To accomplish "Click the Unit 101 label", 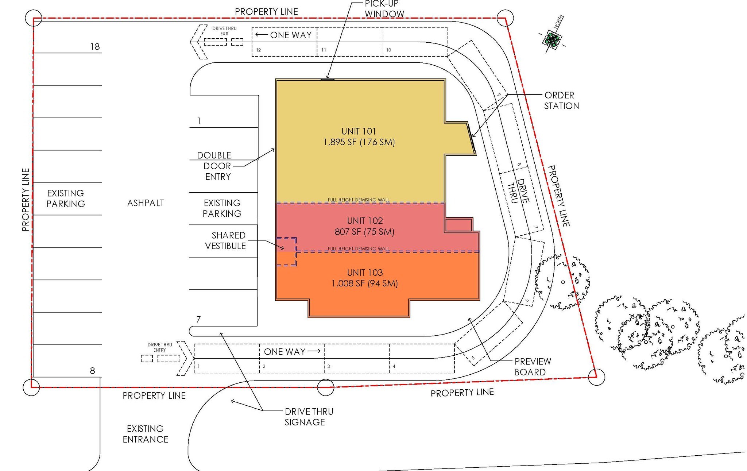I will pyautogui.click(x=358, y=131).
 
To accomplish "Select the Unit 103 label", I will pyautogui.click(x=365, y=273).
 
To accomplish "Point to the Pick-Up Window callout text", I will pyautogui.click(x=384, y=9).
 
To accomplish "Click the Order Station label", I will pyautogui.click(x=561, y=101).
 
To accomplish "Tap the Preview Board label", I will pyautogui.click(x=532, y=367).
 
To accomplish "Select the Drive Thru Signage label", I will pyautogui.click(x=309, y=417).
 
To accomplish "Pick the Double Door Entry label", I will pyautogui.click(x=216, y=166).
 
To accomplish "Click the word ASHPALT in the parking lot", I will pyautogui.click(x=146, y=203).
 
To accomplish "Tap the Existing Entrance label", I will pyautogui.click(x=145, y=434).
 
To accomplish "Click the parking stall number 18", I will pyautogui.click(x=95, y=47).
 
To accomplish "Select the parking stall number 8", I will pyautogui.click(x=92, y=371).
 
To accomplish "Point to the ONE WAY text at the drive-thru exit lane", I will pyautogui.click(x=291, y=35).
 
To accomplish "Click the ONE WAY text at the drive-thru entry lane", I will pyautogui.click(x=285, y=352).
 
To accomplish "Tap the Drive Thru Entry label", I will pyautogui.click(x=160, y=347).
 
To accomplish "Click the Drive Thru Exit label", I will pyautogui.click(x=224, y=31).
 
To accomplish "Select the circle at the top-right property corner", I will pyautogui.click(x=505, y=18).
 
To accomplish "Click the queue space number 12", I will pyautogui.click(x=259, y=50).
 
